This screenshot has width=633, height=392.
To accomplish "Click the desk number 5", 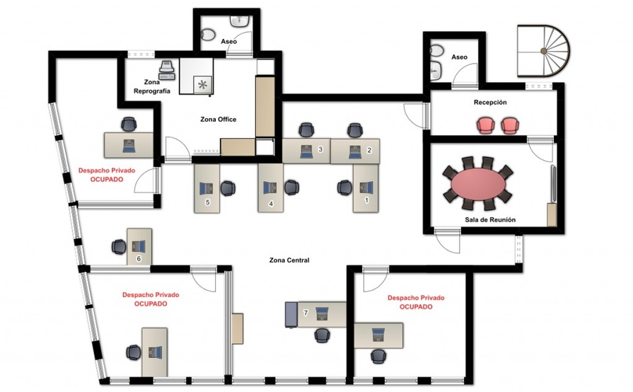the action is coord(207,202).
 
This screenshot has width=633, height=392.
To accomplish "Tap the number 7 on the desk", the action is coord(306,313).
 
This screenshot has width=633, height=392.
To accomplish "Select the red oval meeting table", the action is coord(478,184).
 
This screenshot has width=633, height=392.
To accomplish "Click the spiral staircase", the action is coord(544,51).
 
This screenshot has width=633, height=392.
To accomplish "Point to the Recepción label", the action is coord(490,103).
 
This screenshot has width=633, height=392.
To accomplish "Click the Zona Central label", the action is coord(289,260).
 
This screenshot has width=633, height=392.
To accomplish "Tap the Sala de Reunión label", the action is coord(490,220).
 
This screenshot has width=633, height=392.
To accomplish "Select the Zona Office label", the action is coord(218,120).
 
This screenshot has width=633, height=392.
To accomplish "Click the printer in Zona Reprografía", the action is coord(167,70).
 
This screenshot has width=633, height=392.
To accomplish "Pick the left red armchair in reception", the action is coord(486,125).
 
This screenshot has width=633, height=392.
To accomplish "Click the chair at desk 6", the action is coord(119,247).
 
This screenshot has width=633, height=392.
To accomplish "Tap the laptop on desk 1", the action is coord(366,188).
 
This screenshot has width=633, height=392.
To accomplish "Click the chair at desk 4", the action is coord(291,188).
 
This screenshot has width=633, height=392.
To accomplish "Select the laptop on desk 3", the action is coord(306,151).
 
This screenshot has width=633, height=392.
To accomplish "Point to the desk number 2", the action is coord(369,150).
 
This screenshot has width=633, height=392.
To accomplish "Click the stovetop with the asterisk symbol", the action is coord(202,85).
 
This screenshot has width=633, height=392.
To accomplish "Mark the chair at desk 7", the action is coord(322,335).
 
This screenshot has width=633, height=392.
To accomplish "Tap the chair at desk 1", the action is coord(344,188).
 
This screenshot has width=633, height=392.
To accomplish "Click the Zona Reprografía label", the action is coord(152,87).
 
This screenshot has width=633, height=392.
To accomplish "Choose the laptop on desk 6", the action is coord(139,246).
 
